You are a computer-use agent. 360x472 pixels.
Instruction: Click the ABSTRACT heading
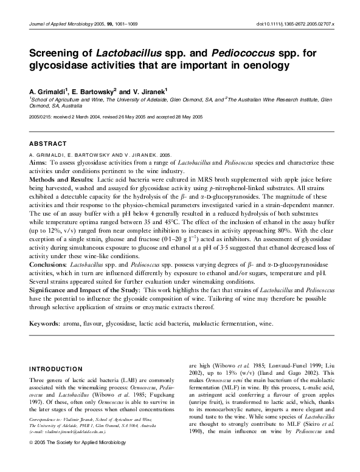(x=47, y=143)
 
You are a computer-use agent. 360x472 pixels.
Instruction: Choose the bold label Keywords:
(x=45, y=324)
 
